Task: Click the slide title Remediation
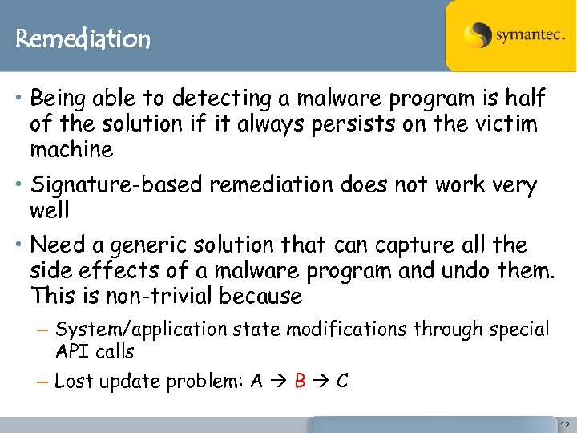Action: coord(83,38)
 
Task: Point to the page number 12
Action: coord(564,423)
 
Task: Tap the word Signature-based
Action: coord(117,185)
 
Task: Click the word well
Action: coord(50,211)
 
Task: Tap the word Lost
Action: coord(72,382)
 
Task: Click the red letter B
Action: coord(301,381)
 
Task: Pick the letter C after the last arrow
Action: coord(341,381)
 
